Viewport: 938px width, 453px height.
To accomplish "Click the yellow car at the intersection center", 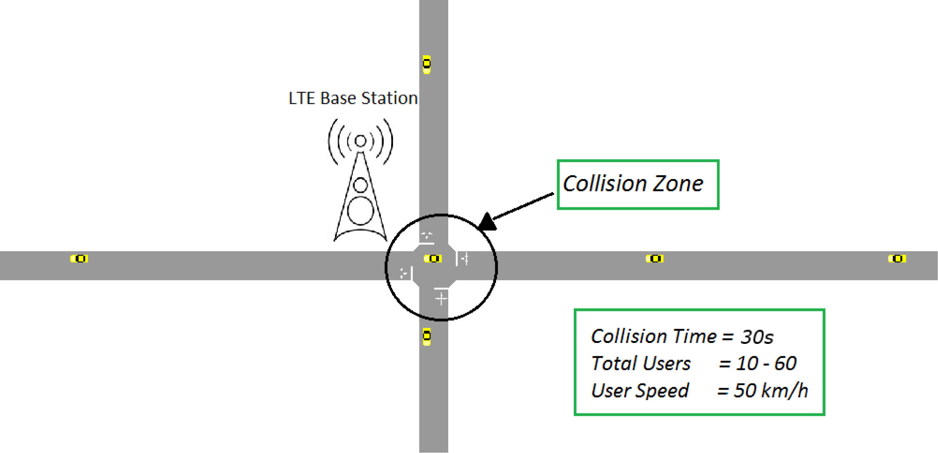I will pyautogui.click(x=433, y=258).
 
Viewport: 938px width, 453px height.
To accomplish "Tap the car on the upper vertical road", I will pyautogui.click(x=427, y=64).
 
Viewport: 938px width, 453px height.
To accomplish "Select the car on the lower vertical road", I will pyautogui.click(x=427, y=336).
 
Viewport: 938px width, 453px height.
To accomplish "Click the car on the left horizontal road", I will pyautogui.click(x=79, y=258).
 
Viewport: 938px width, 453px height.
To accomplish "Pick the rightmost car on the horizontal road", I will pyautogui.click(x=896, y=258).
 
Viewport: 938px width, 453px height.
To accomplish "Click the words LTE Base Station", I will pyautogui.click(x=353, y=98).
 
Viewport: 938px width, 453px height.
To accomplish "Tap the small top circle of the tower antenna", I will pyautogui.click(x=360, y=141).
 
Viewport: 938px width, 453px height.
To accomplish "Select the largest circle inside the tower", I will pyautogui.click(x=360, y=211).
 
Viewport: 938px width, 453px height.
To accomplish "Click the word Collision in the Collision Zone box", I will pyautogui.click(x=604, y=184).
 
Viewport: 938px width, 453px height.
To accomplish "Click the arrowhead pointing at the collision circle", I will pyautogui.click(x=487, y=221).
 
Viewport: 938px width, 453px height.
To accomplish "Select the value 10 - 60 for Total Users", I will pyautogui.click(x=766, y=363).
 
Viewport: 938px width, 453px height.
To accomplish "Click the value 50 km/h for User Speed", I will pyautogui.click(x=770, y=391).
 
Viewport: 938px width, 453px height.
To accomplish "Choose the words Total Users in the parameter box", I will pyautogui.click(x=640, y=363).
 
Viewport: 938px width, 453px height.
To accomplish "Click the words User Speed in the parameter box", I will pyautogui.click(x=639, y=391).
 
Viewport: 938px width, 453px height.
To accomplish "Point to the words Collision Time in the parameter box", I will pyautogui.click(x=653, y=336).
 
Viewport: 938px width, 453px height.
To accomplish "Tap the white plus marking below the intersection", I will pyautogui.click(x=441, y=299).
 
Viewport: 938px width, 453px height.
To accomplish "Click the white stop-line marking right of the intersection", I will pyautogui.click(x=457, y=259).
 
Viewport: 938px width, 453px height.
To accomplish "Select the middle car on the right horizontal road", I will pyautogui.click(x=654, y=258).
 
